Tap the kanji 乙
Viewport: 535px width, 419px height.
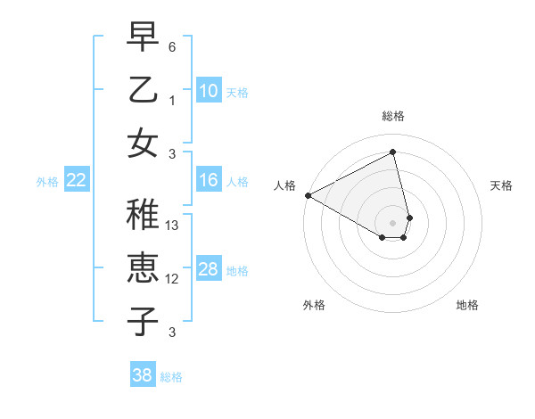point(143,91)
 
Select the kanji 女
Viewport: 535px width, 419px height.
point(143,143)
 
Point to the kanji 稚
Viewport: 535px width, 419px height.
point(143,217)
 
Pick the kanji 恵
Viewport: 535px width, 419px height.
point(143,268)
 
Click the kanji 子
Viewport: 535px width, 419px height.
point(143,320)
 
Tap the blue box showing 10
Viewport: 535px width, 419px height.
point(208,90)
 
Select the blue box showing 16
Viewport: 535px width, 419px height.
point(208,180)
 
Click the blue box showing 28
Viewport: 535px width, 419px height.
point(208,269)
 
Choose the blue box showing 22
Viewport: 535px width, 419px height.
point(76,181)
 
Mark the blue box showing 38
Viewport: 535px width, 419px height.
point(142,375)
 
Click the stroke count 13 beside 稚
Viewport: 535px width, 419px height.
point(173,226)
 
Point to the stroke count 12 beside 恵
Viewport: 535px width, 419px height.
point(173,278)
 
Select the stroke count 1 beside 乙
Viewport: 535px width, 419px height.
point(172,100)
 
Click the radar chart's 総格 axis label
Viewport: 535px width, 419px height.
point(392,116)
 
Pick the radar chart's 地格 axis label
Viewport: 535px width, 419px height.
point(467,305)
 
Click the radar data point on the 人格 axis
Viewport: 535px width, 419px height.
point(307,194)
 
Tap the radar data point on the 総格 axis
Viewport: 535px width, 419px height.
point(392,152)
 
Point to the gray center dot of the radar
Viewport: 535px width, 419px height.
point(392,221)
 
